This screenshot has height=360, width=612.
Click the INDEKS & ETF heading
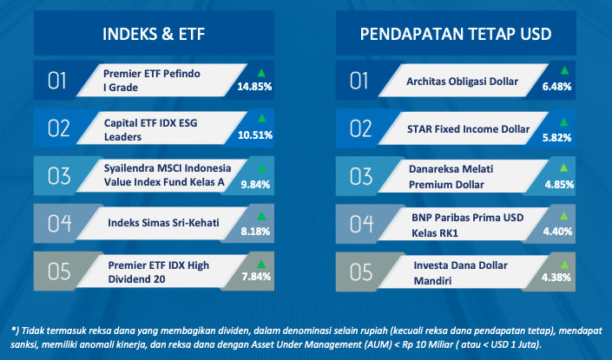(x=154, y=34)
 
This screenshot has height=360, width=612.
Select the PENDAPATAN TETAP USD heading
(x=456, y=34)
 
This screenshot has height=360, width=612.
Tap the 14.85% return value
(x=254, y=86)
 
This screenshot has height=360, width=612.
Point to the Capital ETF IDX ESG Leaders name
(x=151, y=130)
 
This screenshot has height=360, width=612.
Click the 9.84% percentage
(x=255, y=184)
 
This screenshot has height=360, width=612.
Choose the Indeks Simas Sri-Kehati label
(x=163, y=223)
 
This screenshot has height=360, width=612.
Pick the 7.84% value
(x=256, y=277)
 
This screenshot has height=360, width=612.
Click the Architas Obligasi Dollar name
(x=462, y=82)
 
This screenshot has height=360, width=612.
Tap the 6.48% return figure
(x=556, y=86)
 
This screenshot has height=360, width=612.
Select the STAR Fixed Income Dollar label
(x=469, y=129)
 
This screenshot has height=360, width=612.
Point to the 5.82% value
(x=556, y=137)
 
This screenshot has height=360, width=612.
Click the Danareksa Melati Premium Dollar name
(x=451, y=177)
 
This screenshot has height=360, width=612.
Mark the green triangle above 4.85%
(x=563, y=168)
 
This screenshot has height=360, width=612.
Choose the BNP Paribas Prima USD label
(x=468, y=217)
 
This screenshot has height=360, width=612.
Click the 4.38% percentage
(x=556, y=278)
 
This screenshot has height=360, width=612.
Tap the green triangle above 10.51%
(x=261, y=118)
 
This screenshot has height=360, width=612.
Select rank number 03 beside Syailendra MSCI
(x=59, y=176)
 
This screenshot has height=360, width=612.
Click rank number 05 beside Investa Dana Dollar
(x=361, y=272)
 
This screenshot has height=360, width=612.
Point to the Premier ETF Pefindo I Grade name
(x=151, y=81)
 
